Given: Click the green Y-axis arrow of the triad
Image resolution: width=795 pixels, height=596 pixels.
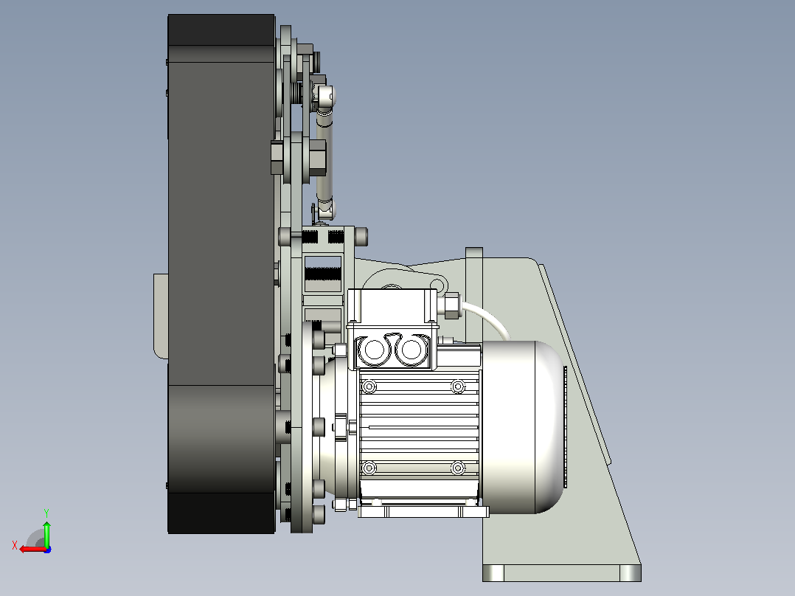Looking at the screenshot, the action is [46, 533].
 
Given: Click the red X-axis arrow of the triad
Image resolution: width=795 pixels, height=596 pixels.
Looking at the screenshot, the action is [33, 549].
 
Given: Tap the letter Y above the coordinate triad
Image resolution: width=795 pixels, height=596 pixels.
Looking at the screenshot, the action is [46, 513].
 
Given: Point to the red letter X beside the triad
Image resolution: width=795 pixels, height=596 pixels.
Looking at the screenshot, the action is [15, 545].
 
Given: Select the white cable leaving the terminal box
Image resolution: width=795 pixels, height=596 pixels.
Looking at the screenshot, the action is [489, 317].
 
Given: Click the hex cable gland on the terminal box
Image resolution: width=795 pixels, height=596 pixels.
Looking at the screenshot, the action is [451, 306].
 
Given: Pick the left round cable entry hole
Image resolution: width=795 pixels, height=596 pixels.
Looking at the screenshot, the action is [374, 350].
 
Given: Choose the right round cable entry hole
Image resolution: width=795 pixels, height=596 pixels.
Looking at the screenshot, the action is [412, 350].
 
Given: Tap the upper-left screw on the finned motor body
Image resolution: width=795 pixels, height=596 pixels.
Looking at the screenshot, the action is [369, 387].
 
